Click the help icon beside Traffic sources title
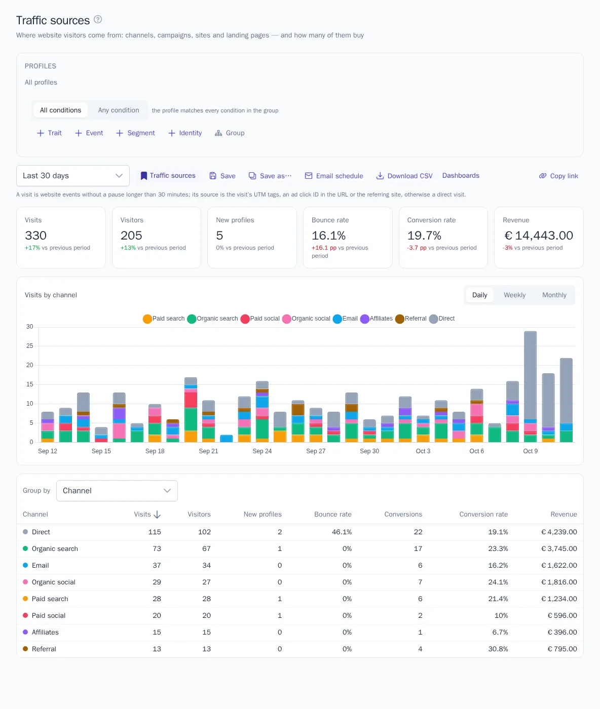(x=98, y=20)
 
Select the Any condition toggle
(x=119, y=110)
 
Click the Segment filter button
(x=136, y=133)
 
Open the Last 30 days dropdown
(x=73, y=176)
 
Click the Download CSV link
(x=404, y=176)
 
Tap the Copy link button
(x=558, y=176)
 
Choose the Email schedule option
(x=334, y=176)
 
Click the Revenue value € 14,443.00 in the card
(x=538, y=235)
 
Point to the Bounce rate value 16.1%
(x=328, y=235)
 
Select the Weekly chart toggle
(x=514, y=295)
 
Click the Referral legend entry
(x=411, y=319)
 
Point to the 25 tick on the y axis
(x=30, y=346)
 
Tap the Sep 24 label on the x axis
(x=262, y=451)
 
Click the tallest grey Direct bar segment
(x=530, y=375)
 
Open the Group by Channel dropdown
(x=117, y=491)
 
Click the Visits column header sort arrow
(x=157, y=515)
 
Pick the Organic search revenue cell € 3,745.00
(x=559, y=548)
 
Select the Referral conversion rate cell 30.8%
(x=498, y=649)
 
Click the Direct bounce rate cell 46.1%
(x=342, y=532)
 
